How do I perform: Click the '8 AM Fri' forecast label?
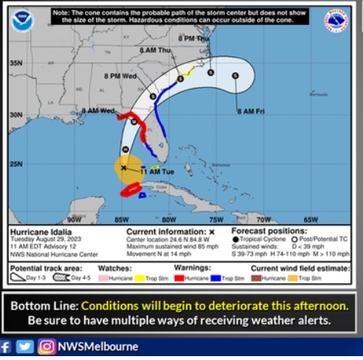[252, 111]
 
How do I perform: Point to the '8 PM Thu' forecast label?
[193, 38]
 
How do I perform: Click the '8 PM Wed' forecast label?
[120, 77]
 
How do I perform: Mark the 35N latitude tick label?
[15, 63]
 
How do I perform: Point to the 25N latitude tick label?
[15, 164]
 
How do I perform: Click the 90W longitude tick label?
[74, 219]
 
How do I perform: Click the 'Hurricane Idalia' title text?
[37, 231]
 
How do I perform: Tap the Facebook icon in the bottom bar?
[7, 346]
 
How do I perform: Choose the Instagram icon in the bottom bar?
[46, 346]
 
